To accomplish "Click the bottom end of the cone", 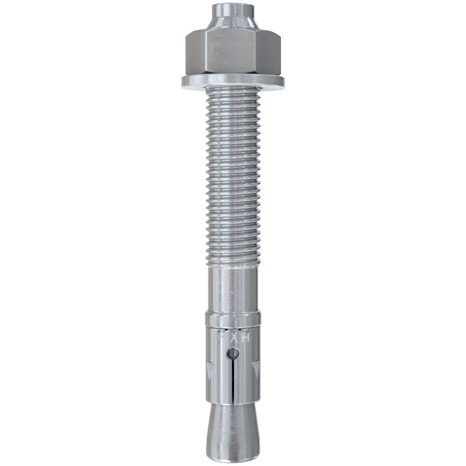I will tap(233, 451).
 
